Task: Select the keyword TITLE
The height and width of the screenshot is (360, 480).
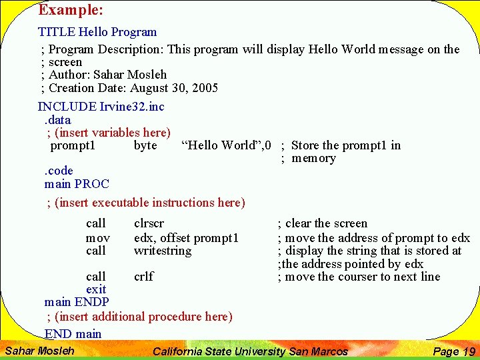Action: click(x=57, y=32)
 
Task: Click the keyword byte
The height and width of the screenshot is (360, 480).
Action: click(x=145, y=145)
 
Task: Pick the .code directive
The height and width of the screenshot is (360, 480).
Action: click(x=59, y=171)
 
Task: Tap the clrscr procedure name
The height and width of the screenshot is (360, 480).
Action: click(x=149, y=223)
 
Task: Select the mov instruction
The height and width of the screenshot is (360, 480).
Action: click(x=97, y=237)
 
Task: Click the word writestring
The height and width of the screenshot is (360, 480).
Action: click(x=162, y=251)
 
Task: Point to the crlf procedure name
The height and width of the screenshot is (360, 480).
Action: click(x=143, y=276)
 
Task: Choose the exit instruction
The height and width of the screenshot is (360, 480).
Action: click(x=96, y=289)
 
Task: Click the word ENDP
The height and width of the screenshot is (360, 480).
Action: click(x=91, y=302)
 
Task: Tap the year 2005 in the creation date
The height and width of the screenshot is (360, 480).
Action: click(x=205, y=88)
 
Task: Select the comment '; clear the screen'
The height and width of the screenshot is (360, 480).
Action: click(x=322, y=223)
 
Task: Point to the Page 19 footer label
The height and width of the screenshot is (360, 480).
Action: click(x=453, y=351)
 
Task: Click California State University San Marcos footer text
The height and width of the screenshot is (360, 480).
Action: click(x=250, y=351)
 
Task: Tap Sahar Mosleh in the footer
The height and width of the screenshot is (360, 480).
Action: click(x=39, y=351)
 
